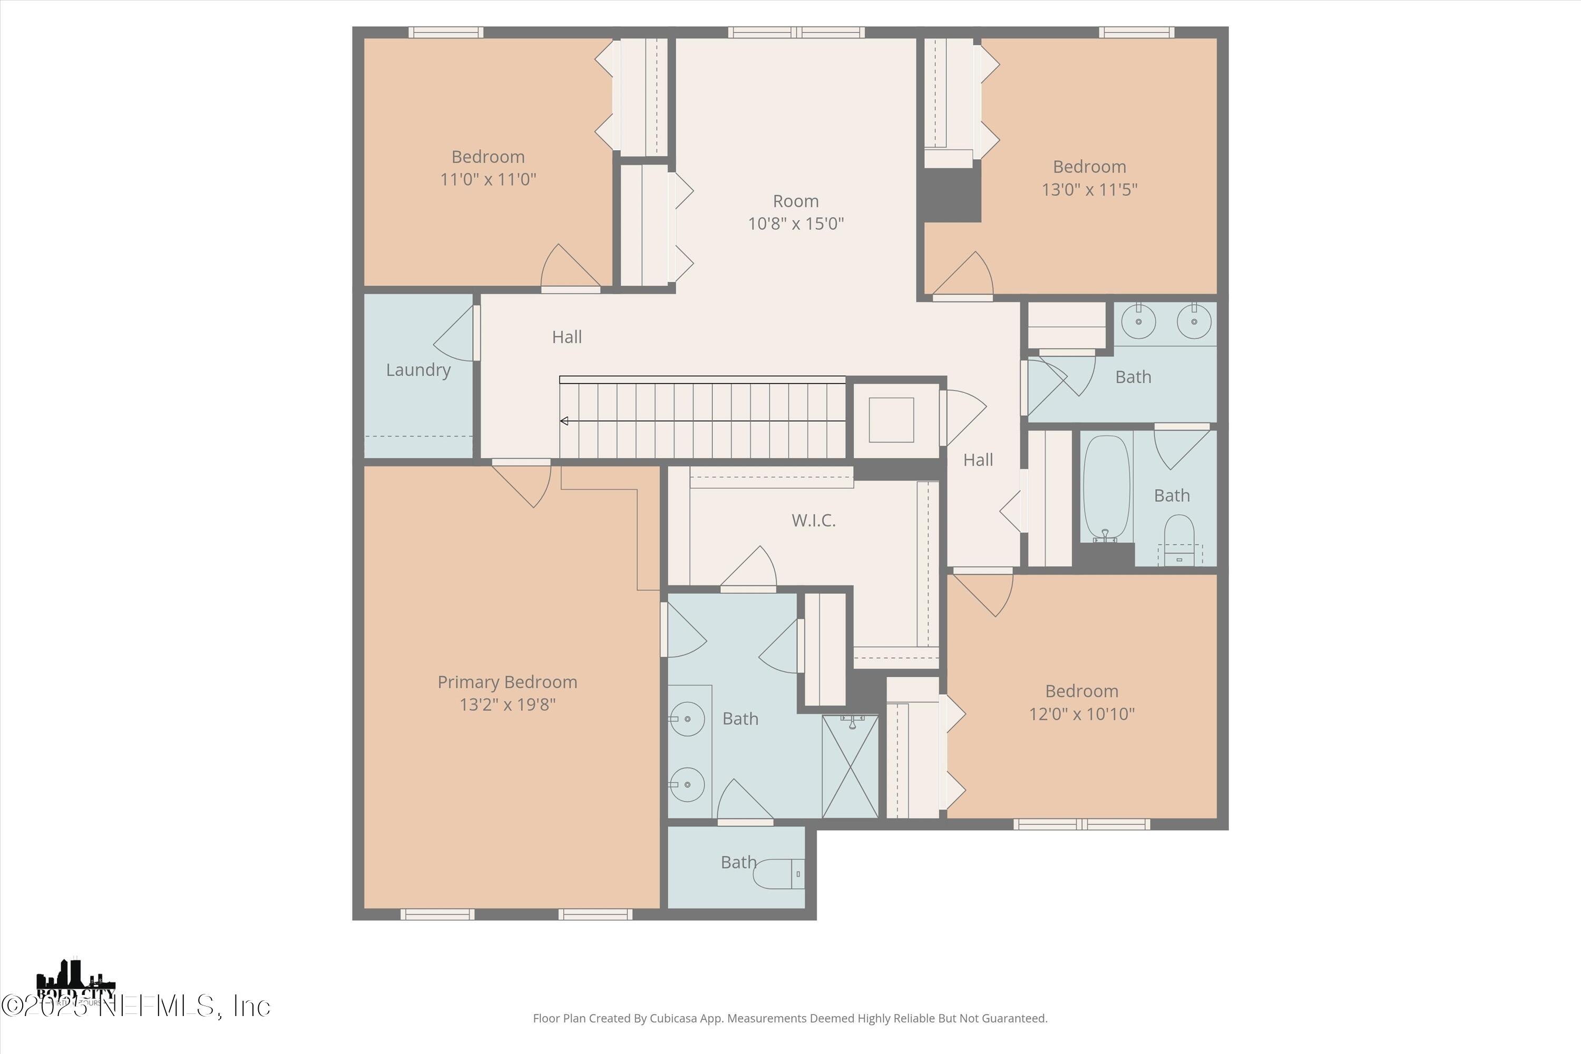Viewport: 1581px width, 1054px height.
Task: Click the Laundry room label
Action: click(418, 370)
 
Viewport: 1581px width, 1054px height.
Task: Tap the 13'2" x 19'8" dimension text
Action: click(508, 705)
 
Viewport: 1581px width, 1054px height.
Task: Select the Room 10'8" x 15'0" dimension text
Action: click(796, 223)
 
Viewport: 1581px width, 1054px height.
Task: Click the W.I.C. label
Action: click(813, 520)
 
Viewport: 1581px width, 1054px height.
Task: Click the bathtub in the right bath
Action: click(1106, 488)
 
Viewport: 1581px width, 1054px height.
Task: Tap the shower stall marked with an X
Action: click(850, 766)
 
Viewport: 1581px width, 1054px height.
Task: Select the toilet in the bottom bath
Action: click(778, 874)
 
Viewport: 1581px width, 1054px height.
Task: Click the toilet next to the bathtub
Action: click(1179, 531)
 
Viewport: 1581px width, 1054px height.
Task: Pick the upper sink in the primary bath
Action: click(687, 719)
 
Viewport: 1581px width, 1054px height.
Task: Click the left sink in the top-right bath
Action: click(1139, 322)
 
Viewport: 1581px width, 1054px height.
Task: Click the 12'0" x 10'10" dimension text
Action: click(1081, 714)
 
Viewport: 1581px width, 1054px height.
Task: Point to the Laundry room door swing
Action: click(456, 334)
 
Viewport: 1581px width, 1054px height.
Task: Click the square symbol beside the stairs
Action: click(891, 420)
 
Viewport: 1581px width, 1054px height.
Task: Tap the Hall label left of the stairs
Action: click(567, 337)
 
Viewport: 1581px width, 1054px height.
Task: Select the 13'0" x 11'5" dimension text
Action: click(1089, 190)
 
